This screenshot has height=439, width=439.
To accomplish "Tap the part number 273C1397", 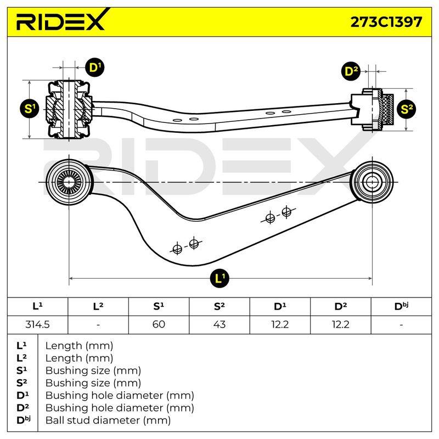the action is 386,22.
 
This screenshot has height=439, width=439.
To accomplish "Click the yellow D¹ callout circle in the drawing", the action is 94,67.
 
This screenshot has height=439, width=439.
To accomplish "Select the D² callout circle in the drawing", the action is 351,71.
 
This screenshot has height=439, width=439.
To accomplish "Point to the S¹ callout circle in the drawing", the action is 30,109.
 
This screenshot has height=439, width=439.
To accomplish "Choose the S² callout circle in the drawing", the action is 406,109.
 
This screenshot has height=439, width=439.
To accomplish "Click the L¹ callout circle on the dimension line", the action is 219,278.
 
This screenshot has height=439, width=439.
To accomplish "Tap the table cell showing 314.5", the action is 37,324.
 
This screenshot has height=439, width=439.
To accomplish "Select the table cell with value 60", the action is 159,324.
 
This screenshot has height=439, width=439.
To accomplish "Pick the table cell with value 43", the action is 219,324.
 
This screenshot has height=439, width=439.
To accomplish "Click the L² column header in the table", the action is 98,306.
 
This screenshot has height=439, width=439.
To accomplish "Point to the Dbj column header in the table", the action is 401,306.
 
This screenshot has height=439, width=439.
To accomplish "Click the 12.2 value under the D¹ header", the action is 280,324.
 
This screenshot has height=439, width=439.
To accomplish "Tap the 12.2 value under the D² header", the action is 340,324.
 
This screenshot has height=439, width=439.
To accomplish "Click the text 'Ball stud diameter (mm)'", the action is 108,420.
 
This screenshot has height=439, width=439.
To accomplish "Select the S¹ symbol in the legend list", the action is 22,370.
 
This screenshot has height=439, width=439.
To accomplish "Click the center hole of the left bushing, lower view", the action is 69,182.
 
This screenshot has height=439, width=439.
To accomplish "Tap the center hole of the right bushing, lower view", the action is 372,182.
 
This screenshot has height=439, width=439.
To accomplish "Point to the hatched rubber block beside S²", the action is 389,109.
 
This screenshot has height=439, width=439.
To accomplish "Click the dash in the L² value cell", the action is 98,325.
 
